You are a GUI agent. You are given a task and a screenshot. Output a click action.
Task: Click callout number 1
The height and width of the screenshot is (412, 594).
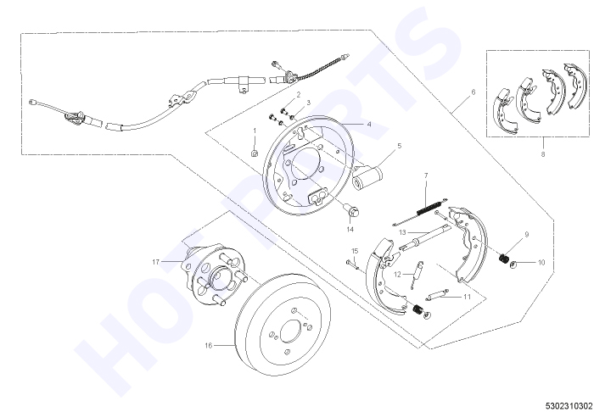click(255, 131)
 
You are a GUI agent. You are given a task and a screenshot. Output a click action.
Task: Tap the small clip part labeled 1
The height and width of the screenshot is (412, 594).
click(255, 153)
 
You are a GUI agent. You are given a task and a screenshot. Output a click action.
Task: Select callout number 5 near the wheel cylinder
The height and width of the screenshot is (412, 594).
click(400, 146)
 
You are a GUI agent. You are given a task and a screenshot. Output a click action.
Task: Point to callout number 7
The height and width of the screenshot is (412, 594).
click(426, 175)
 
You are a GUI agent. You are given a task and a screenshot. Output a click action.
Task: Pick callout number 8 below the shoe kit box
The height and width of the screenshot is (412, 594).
click(543, 154)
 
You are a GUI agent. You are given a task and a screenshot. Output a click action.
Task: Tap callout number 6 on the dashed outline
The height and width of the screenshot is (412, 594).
click(473, 92)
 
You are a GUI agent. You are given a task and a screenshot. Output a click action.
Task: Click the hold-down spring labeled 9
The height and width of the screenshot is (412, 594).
click(503, 259)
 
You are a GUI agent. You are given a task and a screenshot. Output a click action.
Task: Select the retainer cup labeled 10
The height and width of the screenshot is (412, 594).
click(513, 264)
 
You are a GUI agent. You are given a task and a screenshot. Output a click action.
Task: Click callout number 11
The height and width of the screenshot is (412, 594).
click(467, 297)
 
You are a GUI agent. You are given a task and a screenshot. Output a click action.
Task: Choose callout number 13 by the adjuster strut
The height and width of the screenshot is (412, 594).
click(402, 232)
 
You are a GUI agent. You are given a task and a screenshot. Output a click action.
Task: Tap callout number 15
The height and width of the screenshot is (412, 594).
click(355, 251)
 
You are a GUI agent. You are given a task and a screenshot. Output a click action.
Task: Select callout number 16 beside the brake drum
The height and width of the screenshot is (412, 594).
click(209, 345)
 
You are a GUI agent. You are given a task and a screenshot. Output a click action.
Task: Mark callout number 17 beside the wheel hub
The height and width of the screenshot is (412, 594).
click(155, 261)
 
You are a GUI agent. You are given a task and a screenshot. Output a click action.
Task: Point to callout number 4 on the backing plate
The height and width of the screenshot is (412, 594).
click(369, 124)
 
